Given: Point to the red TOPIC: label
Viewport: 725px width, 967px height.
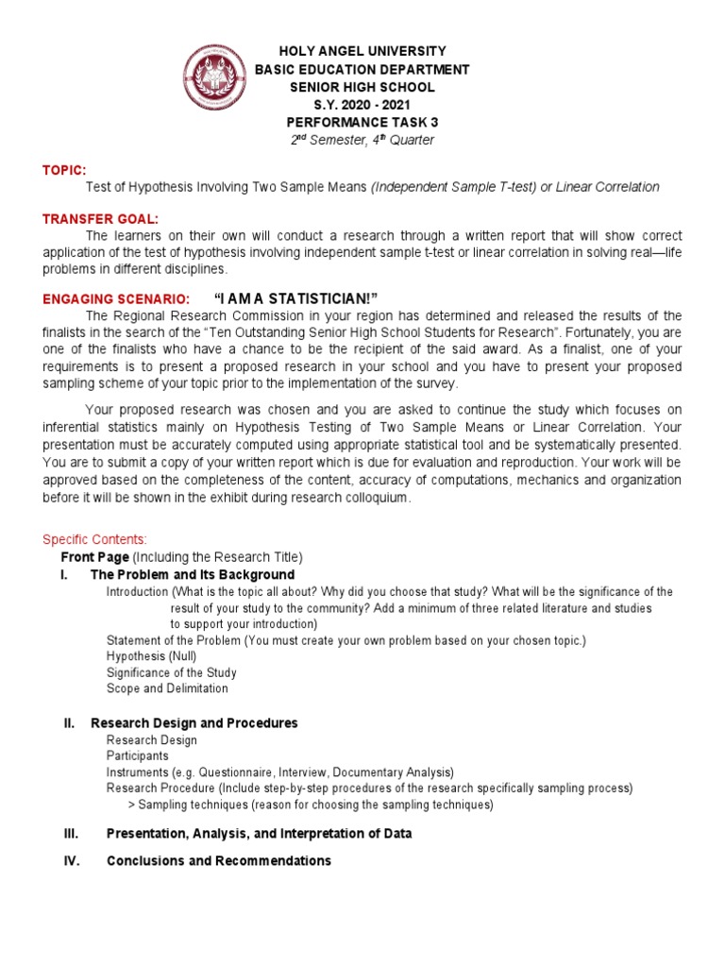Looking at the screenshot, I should [x=63, y=170].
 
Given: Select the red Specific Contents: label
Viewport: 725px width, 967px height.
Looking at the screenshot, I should [x=94, y=539].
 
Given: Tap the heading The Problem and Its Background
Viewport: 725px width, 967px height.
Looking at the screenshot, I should [x=193, y=574].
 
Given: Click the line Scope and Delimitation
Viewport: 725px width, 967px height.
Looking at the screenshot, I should [x=167, y=688].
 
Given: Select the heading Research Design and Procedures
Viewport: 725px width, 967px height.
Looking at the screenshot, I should [x=194, y=722].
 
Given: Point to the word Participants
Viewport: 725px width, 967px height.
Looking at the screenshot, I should [x=138, y=756].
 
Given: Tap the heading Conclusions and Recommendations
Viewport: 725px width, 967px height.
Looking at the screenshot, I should [x=219, y=860].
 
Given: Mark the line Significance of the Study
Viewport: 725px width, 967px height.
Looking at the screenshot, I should [x=171, y=672].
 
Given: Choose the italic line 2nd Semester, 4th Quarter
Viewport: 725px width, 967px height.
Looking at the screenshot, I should [x=362, y=141].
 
